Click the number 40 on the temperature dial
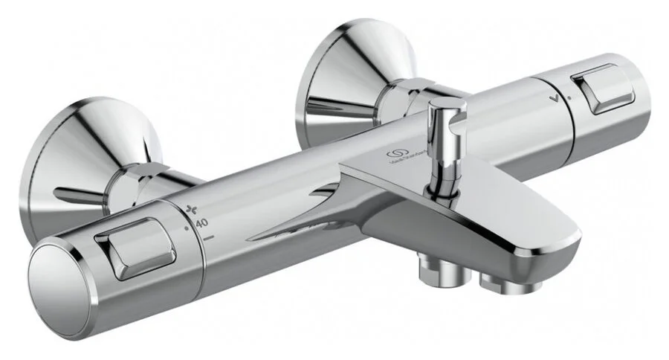201,222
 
